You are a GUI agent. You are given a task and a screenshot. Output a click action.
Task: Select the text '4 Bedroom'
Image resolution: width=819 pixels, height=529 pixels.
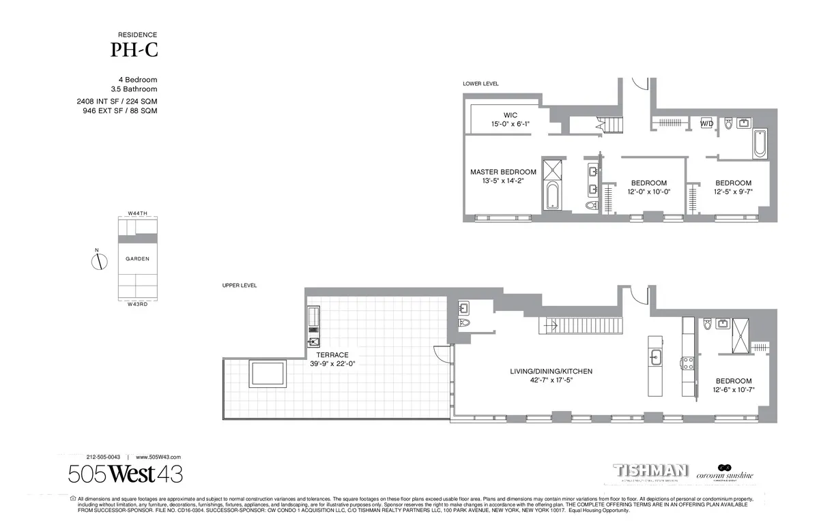(137, 80)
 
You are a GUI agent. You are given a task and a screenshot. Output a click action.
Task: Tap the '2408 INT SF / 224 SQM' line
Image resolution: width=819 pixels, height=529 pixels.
(117, 102)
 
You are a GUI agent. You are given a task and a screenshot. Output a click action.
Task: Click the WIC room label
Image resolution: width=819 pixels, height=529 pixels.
(511, 115)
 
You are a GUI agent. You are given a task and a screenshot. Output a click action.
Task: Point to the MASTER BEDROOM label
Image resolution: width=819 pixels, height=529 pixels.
(503, 172)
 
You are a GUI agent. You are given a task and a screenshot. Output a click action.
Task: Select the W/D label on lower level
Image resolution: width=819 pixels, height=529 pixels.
(706, 124)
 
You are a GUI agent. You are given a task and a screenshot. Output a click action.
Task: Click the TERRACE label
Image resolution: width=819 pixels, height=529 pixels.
(332, 355)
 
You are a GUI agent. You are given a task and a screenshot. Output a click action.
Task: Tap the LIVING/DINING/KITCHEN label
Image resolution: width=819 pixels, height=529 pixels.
(551, 372)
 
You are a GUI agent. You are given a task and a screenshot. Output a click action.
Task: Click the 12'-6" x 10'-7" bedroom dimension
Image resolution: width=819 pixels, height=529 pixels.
(734, 391)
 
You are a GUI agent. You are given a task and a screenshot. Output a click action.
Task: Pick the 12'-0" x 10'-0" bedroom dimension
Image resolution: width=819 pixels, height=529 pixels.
(648, 192)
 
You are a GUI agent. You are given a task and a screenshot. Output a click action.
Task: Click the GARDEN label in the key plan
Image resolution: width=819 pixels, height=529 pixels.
(137, 259)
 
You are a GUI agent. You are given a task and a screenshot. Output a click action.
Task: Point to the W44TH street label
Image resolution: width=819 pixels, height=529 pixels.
(137, 213)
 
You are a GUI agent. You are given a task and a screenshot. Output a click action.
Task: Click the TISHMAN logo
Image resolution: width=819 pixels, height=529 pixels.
(650, 471)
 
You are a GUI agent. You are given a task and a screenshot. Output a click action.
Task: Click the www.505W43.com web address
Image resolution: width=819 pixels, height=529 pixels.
(158, 457)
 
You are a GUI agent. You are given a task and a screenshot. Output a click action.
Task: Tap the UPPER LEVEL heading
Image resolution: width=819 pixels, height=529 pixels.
(239, 286)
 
